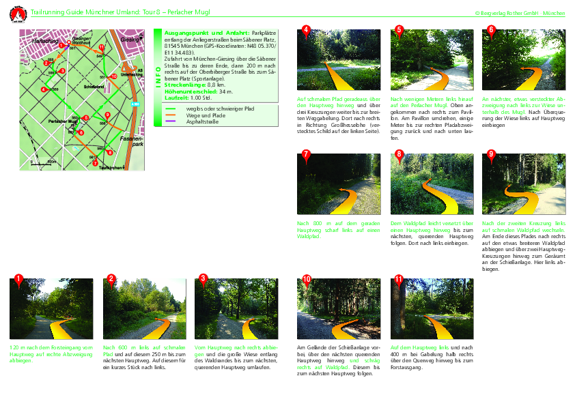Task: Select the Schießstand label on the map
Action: point(94,87)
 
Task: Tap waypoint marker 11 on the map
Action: point(101,46)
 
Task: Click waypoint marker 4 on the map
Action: point(43,89)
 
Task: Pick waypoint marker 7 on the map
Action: point(94,162)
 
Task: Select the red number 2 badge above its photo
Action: point(111,278)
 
